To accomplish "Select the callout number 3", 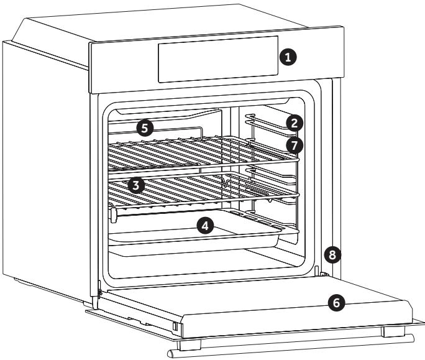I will coord(136,185).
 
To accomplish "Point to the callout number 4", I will coord(206,225).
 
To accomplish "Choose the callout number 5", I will coord(145,129).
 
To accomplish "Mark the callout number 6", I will coord(336,303).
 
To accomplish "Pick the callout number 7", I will coord(296,145).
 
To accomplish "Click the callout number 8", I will coord(332,254).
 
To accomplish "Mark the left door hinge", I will coord(98,287).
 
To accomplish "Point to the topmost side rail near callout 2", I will coord(267,116).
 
